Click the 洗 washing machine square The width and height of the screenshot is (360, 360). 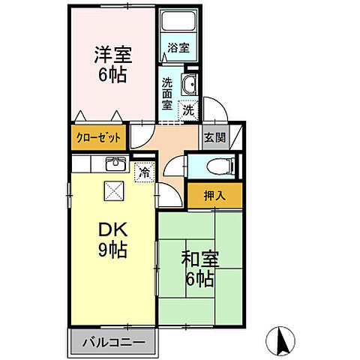pyautogui.click(x=188, y=109)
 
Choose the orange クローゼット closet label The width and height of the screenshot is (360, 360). pyautogui.click(x=97, y=139)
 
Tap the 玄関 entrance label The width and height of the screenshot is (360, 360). pyautogui.click(x=211, y=138)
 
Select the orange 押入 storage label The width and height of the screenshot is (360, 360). pyautogui.click(x=215, y=196)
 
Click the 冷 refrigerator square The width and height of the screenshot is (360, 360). pyautogui.click(x=143, y=172)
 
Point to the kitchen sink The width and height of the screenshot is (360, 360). pyautogui.click(x=115, y=164)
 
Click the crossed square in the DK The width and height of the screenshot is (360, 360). pyautogui.click(x=114, y=192)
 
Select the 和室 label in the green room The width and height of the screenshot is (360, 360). pyautogui.click(x=200, y=259)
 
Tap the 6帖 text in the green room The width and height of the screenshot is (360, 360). pyautogui.click(x=200, y=280)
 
